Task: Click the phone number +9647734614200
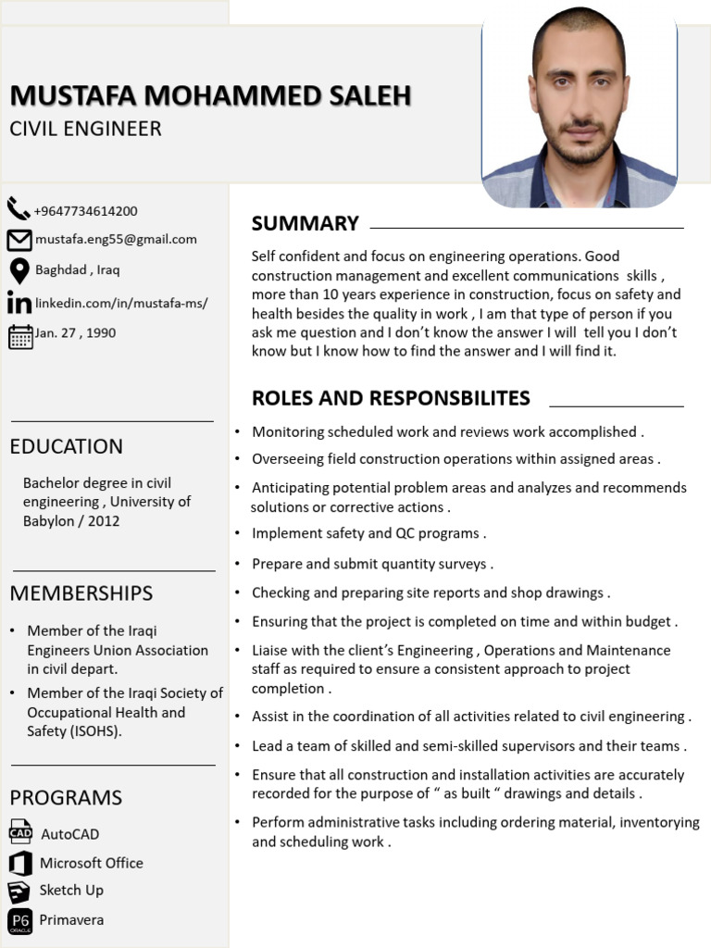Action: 85,211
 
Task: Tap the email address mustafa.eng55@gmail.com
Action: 116,239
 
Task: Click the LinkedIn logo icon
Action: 19,303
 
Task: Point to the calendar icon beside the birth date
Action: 19,335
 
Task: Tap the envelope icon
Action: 19,240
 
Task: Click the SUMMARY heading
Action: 305,223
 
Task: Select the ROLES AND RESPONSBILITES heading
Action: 391,398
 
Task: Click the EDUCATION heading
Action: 66,446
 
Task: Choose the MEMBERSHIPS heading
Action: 81,592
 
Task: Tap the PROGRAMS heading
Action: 66,797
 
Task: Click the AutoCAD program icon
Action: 20,832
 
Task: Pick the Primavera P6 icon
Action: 19,920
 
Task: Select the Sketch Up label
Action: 71,890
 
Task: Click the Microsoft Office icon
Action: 19,863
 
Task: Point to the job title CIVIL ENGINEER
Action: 85,129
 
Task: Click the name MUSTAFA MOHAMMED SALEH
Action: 210,95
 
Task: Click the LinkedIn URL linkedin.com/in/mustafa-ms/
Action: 121,303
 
